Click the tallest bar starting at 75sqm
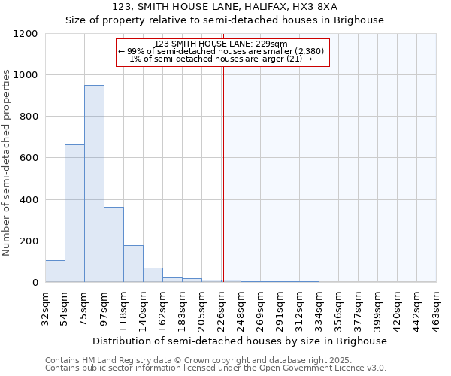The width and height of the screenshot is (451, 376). (x=94, y=183)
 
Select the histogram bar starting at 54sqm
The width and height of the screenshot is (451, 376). (x=74, y=214)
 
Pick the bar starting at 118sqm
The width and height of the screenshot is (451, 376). (x=133, y=264)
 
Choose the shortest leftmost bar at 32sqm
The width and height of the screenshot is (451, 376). (x=55, y=271)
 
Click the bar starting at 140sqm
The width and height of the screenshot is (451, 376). (x=153, y=275)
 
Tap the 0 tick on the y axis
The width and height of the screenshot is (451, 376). (x=35, y=283)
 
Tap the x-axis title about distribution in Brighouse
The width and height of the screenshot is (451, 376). (x=241, y=341)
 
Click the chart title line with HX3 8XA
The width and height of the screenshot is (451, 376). (x=225, y=6)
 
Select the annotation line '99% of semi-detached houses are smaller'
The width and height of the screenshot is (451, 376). (x=222, y=51)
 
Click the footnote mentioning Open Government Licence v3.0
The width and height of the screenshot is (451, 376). (x=216, y=368)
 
